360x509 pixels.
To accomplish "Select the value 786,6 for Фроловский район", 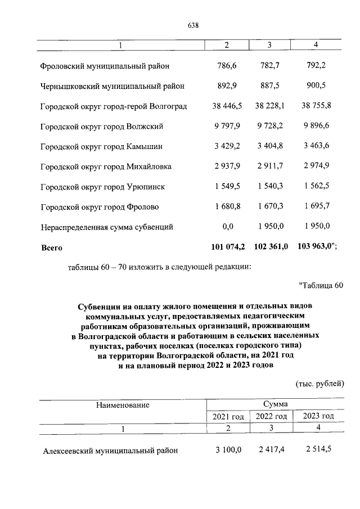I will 227,66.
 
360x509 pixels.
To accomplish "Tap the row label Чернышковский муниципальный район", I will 112,87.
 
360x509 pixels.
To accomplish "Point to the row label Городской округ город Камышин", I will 102,147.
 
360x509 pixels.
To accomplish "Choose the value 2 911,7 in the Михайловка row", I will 272,166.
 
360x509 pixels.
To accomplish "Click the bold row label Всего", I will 51,247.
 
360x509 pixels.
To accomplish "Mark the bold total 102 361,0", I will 271,246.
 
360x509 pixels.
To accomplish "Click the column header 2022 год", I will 272,416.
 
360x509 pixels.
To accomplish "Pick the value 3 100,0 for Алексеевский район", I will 228,450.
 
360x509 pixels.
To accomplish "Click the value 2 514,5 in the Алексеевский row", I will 318,450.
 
